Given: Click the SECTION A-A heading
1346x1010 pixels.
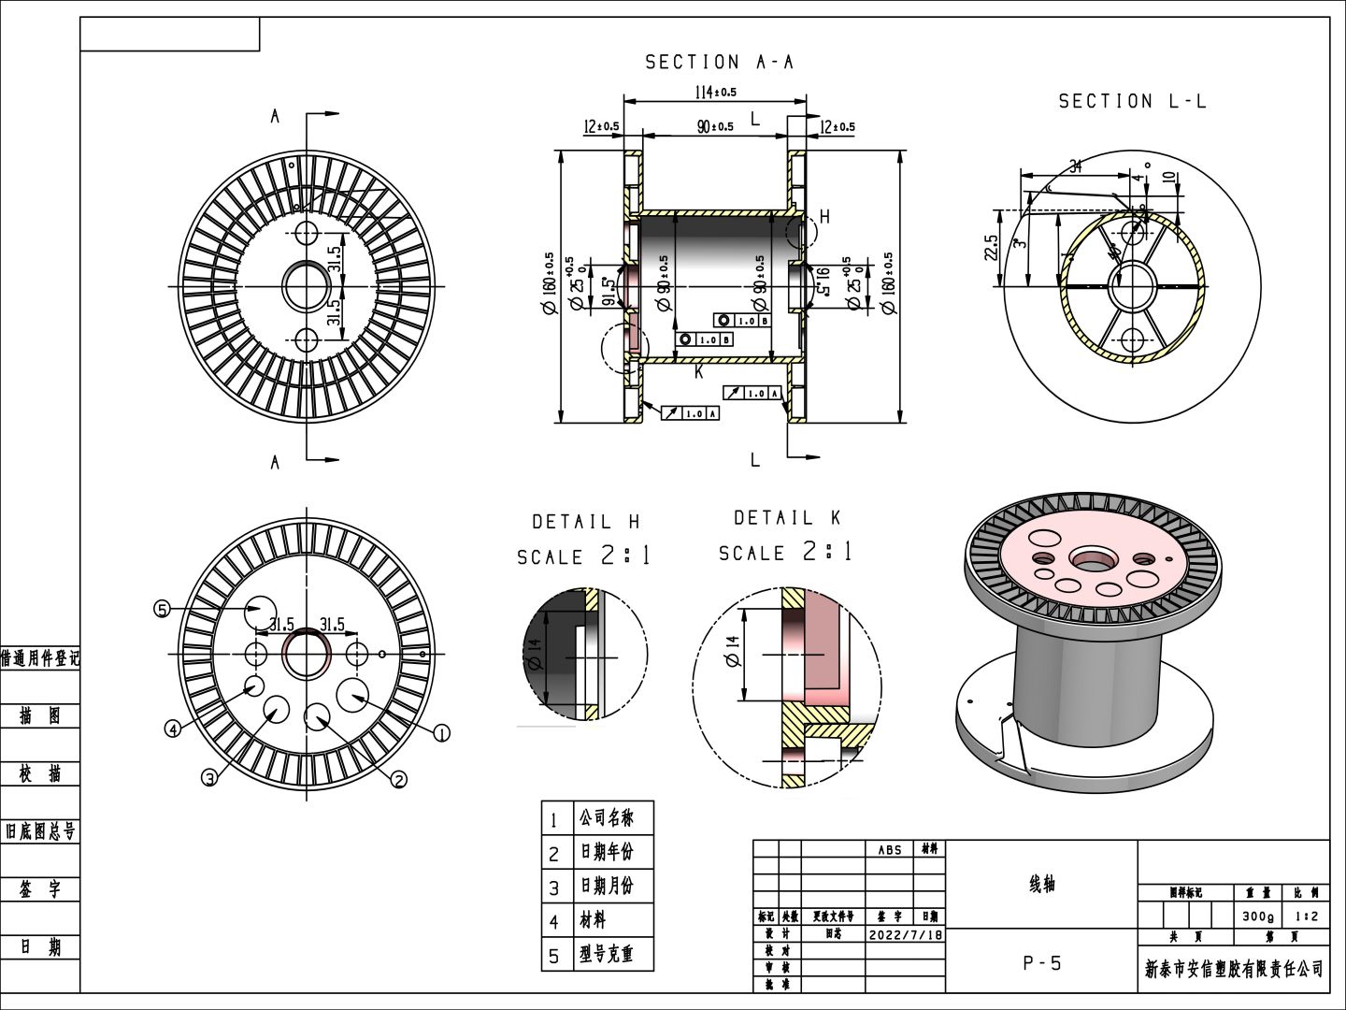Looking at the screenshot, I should click(719, 63).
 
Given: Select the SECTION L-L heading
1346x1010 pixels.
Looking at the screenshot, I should click(1132, 101).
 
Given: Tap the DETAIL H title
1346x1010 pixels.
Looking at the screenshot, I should click(586, 522).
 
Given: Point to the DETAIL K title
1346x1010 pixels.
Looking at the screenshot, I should click(787, 518).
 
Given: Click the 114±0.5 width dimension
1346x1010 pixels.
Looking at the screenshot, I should click(715, 92).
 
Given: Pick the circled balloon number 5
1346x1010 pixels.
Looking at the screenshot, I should click(162, 610).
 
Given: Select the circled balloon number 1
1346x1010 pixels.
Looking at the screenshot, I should click(442, 733).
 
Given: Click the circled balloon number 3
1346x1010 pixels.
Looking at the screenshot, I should click(210, 777).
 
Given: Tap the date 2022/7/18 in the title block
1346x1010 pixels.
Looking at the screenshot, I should click(906, 934).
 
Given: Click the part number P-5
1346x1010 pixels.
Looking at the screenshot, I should click(1041, 963).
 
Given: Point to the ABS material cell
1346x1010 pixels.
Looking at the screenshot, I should click(890, 849).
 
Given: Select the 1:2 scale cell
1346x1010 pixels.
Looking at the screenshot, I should click(1306, 916).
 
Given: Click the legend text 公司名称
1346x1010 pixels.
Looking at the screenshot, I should click(606, 818).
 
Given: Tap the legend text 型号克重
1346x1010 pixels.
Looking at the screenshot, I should click(606, 954).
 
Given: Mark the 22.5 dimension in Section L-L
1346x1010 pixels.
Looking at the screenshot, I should click(992, 249).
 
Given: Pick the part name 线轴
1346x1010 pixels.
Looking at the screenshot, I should click(1041, 884).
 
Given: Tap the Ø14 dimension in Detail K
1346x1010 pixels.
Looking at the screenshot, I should click(732, 652).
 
